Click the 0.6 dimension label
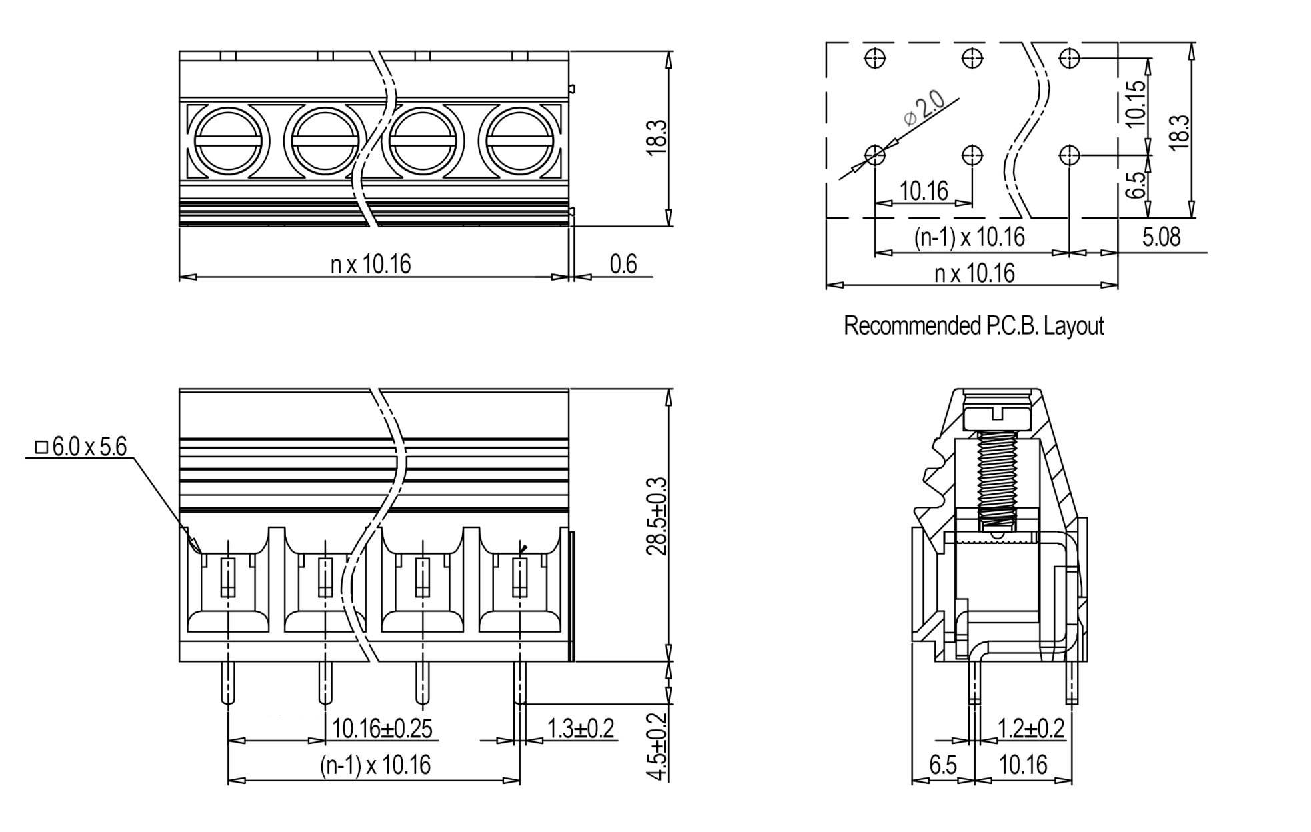point(623,264)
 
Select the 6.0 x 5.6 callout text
point(81,447)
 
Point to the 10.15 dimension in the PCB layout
point(1135,103)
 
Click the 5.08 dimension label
point(1161,237)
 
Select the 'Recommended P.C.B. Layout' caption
point(974,326)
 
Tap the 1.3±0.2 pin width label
point(580,729)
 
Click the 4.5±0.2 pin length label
point(657,747)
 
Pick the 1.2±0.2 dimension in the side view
point(1031,729)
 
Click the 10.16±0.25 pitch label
point(382,729)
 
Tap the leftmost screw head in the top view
point(229,142)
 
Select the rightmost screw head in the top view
point(519,142)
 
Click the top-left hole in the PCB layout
point(875,58)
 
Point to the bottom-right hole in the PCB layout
point(1069,155)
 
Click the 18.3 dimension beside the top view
point(656,138)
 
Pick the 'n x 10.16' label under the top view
point(371,265)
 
